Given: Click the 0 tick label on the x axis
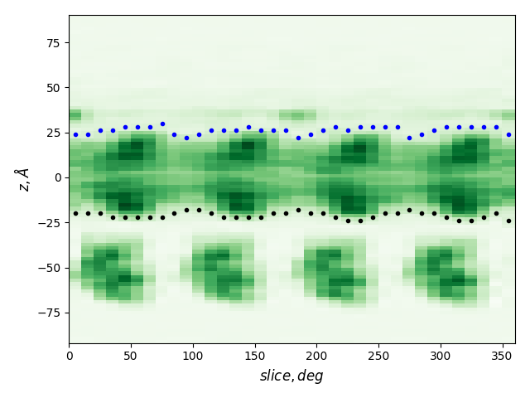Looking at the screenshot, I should pyautogui.click(x=69, y=356).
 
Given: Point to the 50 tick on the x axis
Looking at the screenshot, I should pyautogui.click(x=131, y=356).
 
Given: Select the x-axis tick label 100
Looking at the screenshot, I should pyautogui.click(x=193, y=356).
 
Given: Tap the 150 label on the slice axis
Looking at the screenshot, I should pyautogui.click(x=254, y=356).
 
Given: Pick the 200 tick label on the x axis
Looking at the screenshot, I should pyautogui.click(x=316, y=356).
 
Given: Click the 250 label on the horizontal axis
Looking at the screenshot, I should pyautogui.click(x=378, y=356).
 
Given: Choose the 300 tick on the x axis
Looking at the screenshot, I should pyautogui.click(x=441, y=356).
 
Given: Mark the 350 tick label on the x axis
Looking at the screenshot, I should pyautogui.click(x=502, y=356).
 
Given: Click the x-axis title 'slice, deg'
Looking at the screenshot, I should pyautogui.click(x=291, y=376).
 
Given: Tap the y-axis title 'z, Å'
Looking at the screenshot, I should pyautogui.click(x=23, y=178).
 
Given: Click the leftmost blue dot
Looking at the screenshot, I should pyautogui.click(x=75, y=134).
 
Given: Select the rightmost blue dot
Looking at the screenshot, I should pyautogui.click(x=508, y=134).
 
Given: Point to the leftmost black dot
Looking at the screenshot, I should pyautogui.click(x=75, y=213).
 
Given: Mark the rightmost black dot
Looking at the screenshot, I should pyautogui.click(x=508, y=221).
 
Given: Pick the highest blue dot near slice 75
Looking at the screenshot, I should pyautogui.click(x=162, y=124).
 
